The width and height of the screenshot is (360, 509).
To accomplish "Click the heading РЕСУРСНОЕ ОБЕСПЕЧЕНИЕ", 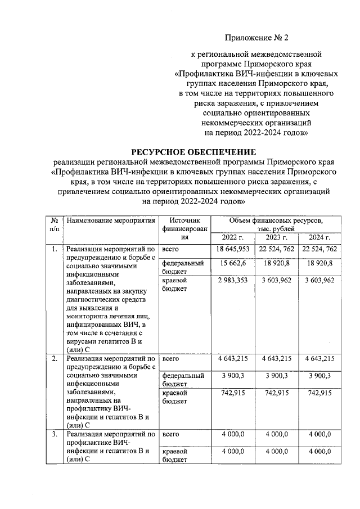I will tap(193, 152).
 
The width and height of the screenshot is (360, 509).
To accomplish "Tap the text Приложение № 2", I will tap(256, 38).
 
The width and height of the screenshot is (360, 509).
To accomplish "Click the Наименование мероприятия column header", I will tap(110, 222).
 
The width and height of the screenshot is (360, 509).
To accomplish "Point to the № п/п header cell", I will tap(55, 226).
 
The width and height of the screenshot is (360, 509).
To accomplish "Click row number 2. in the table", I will tap(55, 358).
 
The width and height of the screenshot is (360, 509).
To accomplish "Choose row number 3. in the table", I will tap(55, 435).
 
